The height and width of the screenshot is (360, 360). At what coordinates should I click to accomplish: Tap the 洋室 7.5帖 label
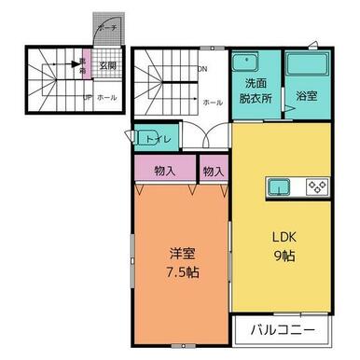(x=183, y=263)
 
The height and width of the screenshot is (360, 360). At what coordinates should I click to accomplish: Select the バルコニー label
(x=281, y=330)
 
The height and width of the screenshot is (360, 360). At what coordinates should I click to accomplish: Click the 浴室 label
(x=307, y=94)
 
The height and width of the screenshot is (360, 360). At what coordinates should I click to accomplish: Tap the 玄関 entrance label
(x=108, y=66)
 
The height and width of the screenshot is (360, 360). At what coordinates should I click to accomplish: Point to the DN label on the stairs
(x=201, y=68)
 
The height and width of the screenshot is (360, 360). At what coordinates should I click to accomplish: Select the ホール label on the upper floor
(x=212, y=103)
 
